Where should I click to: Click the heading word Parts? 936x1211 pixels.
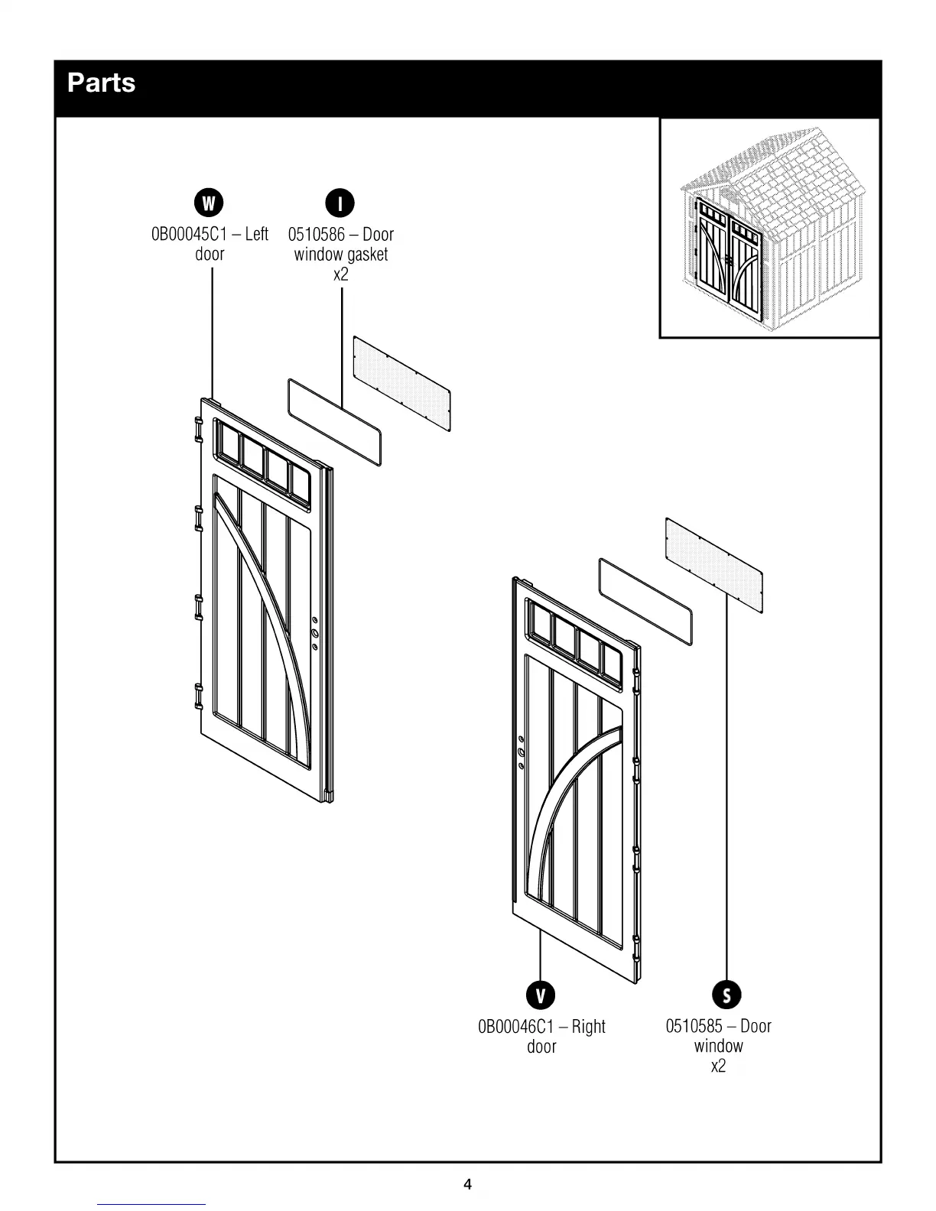pyautogui.click(x=101, y=83)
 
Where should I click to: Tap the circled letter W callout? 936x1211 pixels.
pyautogui.click(x=209, y=203)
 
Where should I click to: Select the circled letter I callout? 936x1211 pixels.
pyautogui.click(x=340, y=203)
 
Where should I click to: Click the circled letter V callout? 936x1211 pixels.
pyautogui.click(x=541, y=995)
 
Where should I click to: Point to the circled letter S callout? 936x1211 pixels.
pyautogui.click(x=726, y=995)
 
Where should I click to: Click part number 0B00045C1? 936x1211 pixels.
pyautogui.click(x=189, y=234)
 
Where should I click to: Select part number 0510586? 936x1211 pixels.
pyautogui.click(x=316, y=234)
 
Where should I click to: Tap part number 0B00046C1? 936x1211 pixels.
pyautogui.click(x=515, y=1026)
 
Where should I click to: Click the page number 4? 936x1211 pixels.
pyautogui.click(x=468, y=1185)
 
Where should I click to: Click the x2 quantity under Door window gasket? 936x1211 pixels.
pyautogui.click(x=340, y=274)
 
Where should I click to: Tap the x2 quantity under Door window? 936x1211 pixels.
pyautogui.click(x=718, y=1066)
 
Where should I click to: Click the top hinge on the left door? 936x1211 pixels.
pyautogui.click(x=197, y=430)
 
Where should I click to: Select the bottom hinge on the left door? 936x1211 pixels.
pyautogui.click(x=197, y=696)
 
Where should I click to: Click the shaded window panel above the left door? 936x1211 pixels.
pyautogui.click(x=401, y=383)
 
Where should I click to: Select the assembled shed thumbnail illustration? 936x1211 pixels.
pyautogui.click(x=769, y=228)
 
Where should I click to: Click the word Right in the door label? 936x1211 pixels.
pyautogui.click(x=588, y=1026)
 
